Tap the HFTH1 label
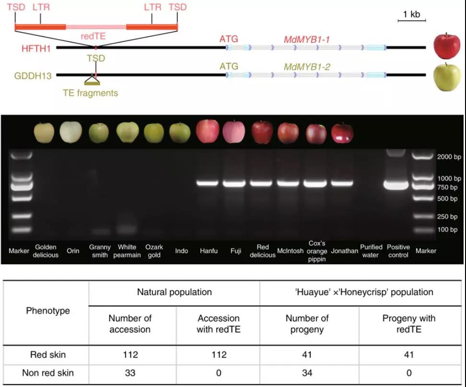38,48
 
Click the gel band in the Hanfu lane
209,183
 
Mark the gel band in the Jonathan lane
342,183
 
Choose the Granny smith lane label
99,251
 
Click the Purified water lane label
371,251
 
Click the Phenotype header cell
47,311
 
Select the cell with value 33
130,373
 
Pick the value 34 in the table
307,373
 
